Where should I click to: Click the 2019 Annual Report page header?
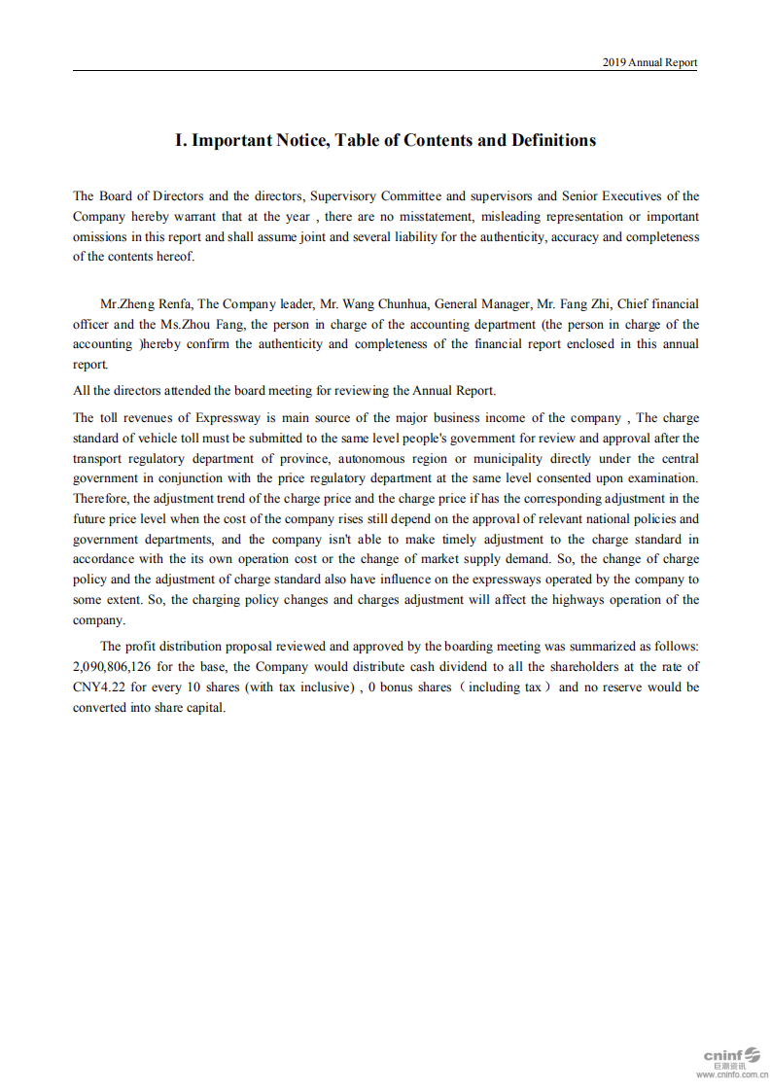pos(649,62)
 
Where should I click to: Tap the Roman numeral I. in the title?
pos(181,140)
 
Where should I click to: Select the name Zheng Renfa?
pos(156,304)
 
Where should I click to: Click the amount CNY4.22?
pos(98,687)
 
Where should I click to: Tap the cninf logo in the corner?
pos(731,1055)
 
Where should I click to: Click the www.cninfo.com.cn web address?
pos(731,1074)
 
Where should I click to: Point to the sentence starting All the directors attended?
pos(284,391)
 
